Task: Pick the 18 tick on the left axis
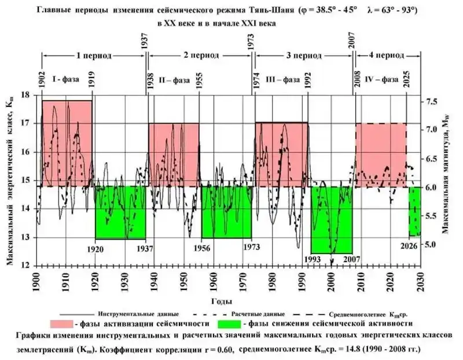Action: pos(25,95)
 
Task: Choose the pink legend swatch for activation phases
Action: pos(68,323)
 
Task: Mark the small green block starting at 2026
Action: pos(415,211)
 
